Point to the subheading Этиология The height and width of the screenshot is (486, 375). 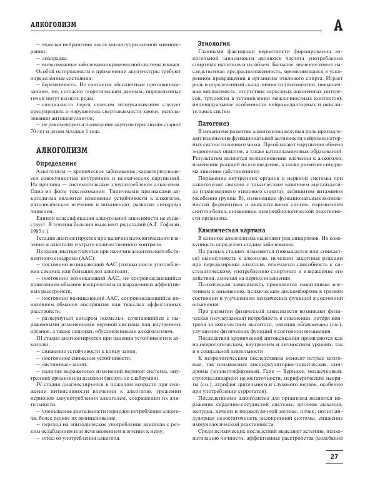click(212, 42)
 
